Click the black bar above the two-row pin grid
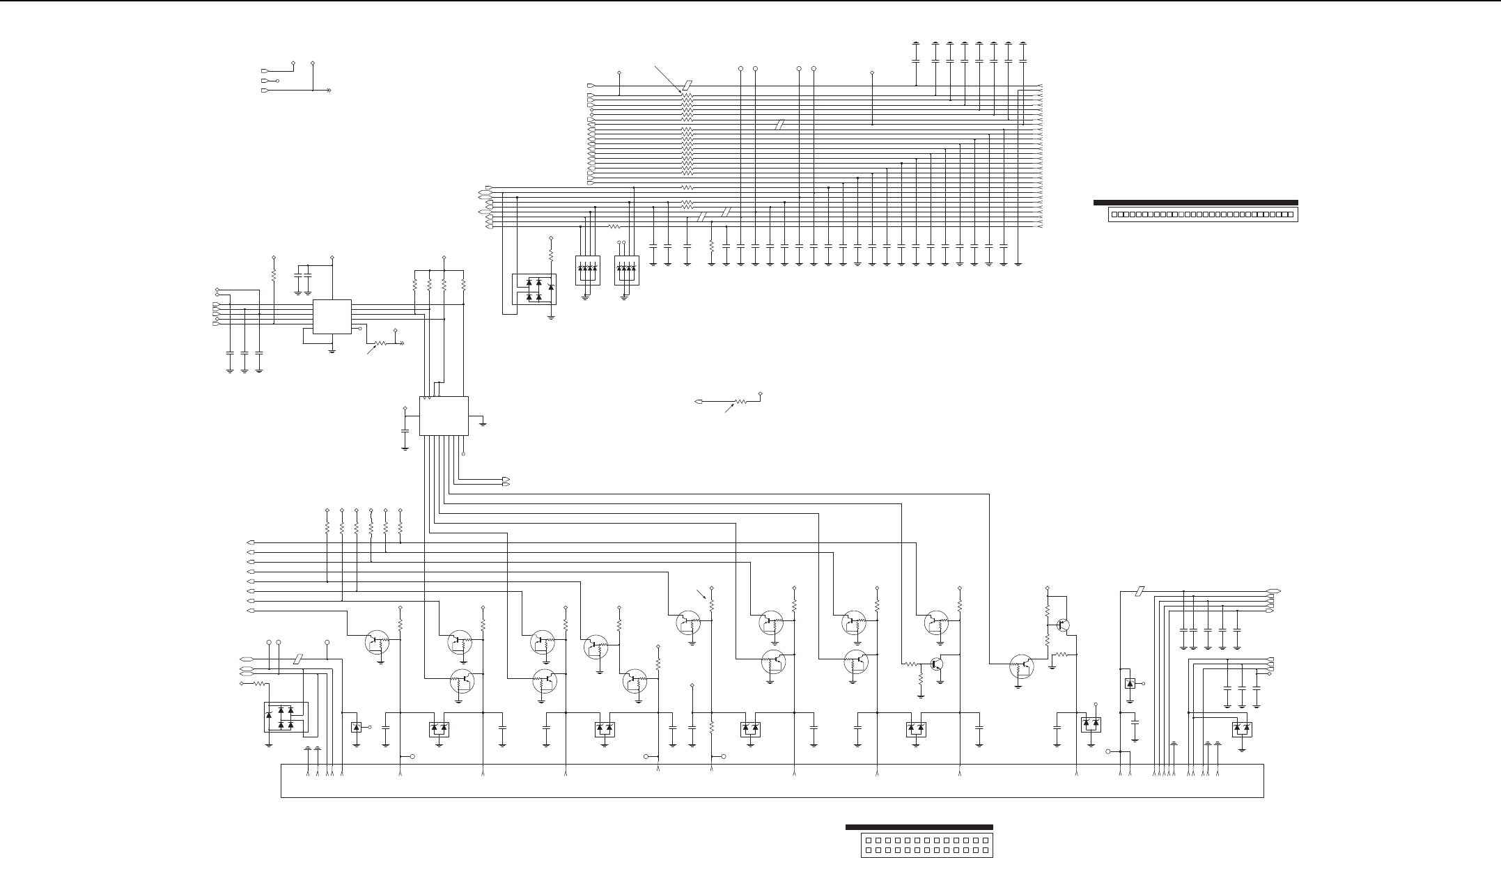(919, 827)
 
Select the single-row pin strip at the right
(1201, 214)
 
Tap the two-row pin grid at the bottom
(926, 845)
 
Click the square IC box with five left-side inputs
(332, 317)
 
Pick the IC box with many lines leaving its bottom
(444, 416)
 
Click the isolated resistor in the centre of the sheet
(740, 402)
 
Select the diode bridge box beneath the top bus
(534, 290)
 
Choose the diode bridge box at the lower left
(285, 717)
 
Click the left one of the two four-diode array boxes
(587, 270)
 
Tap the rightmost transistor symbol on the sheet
(1063, 625)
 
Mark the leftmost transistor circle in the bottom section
(378, 641)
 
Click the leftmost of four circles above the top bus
(740, 69)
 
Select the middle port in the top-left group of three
(265, 81)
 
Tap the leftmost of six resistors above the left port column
(327, 527)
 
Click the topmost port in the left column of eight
(251, 542)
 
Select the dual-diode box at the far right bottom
(1241, 730)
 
